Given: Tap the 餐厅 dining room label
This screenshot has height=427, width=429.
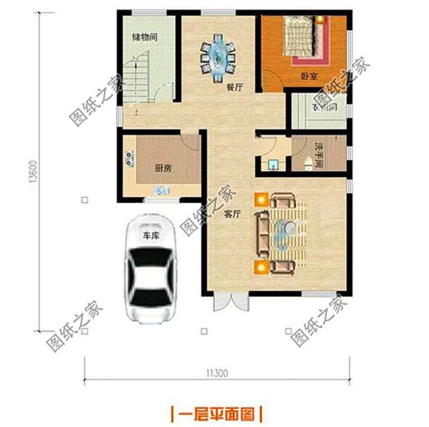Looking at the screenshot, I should click(x=234, y=86).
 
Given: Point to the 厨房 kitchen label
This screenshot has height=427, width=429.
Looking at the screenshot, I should click(x=163, y=169).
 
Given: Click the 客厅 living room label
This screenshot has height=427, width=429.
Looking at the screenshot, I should click(x=232, y=215).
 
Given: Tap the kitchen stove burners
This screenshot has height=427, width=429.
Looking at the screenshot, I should click(x=127, y=160).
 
